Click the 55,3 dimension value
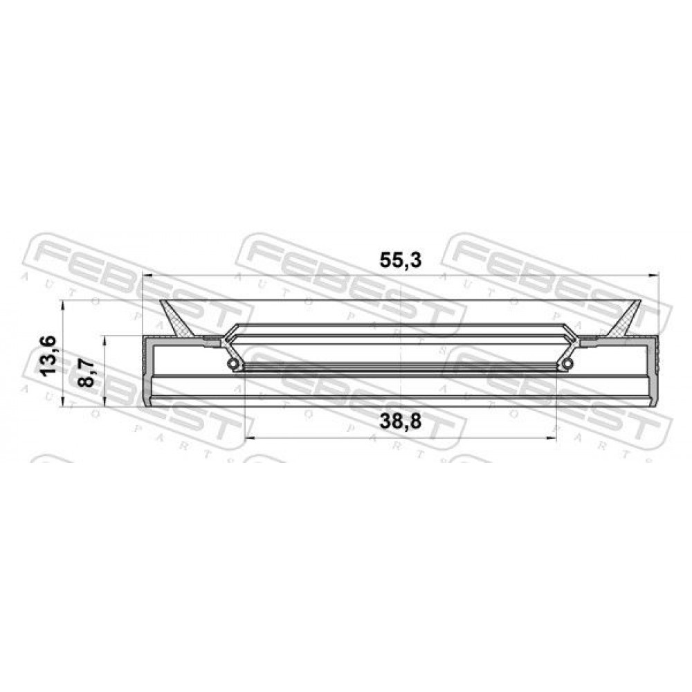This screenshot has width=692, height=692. [400, 260]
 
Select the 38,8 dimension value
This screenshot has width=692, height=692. [400, 422]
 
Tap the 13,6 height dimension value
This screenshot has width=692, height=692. [48, 355]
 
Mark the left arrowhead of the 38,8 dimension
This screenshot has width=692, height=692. [250, 438]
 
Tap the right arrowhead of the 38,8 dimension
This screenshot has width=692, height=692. [552, 438]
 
